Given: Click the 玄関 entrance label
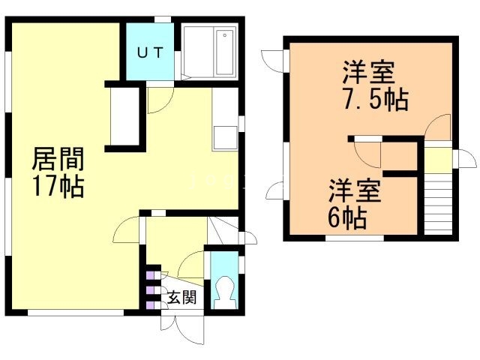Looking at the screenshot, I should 181,298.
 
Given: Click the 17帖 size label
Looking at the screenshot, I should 58,186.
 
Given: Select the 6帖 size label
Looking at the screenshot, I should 346,218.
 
